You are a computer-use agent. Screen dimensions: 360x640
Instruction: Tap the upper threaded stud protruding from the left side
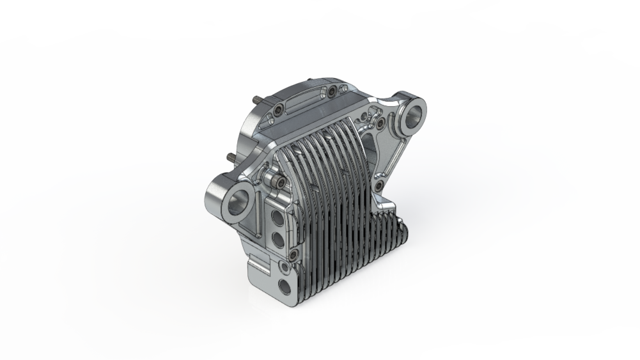point(256,100)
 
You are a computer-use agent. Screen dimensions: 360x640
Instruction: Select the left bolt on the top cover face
point(279,111)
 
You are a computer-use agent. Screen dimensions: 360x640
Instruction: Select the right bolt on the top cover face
point(332,93)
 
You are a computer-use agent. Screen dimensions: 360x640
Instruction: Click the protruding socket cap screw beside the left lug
point(276,182)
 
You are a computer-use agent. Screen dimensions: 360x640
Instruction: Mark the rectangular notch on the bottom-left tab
point(260,262)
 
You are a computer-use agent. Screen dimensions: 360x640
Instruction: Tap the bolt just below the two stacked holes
point(293,256)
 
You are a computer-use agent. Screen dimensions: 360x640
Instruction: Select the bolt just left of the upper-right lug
point(381,122)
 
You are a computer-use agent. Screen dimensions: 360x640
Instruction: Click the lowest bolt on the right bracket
point(380,186)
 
